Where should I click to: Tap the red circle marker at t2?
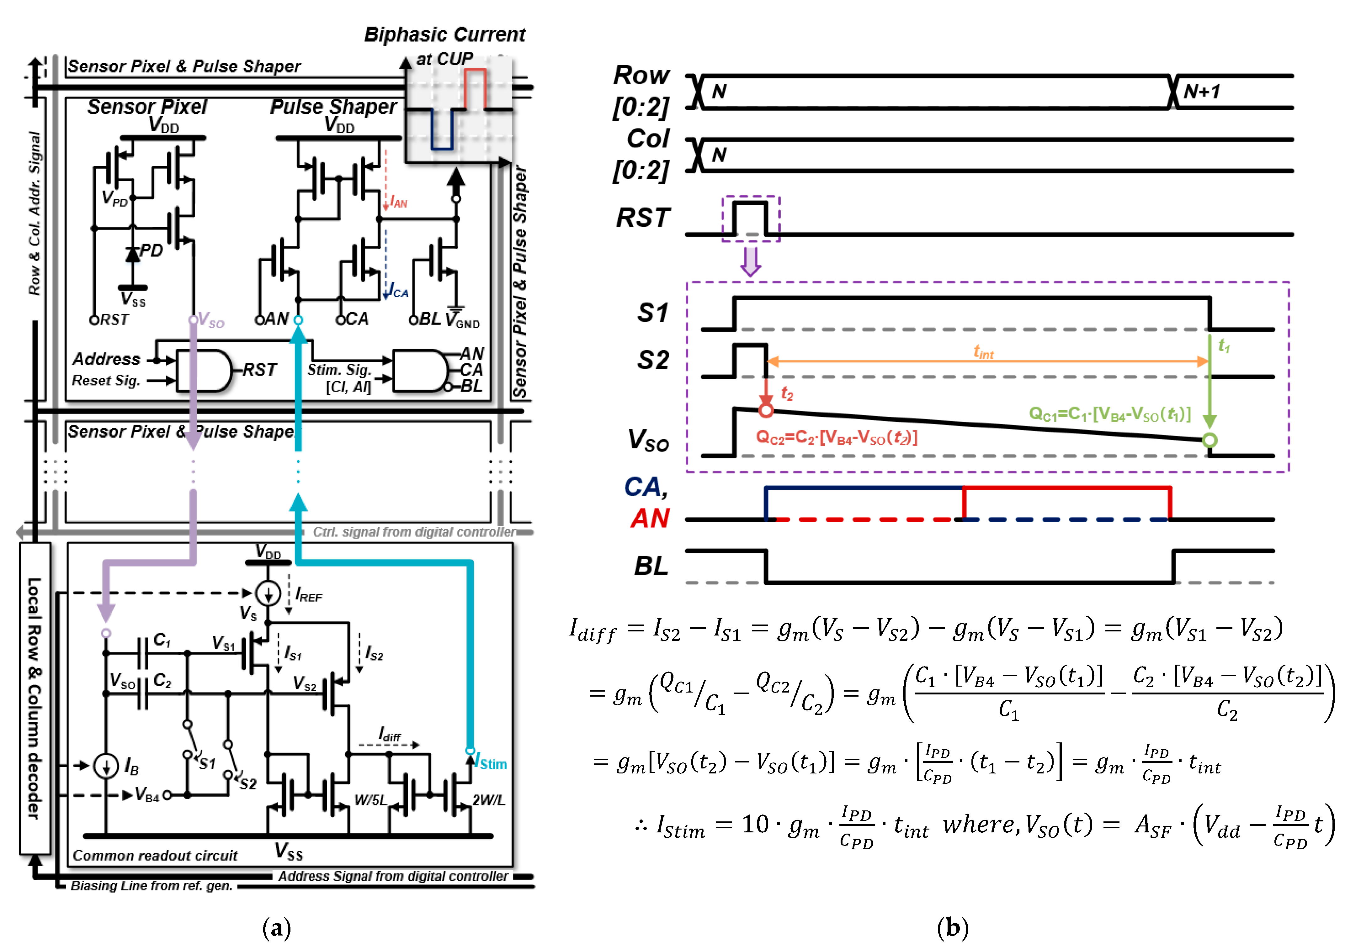[x=766, y=410]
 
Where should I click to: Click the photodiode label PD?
[x=151, y=250]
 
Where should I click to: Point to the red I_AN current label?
[x=398, y=203]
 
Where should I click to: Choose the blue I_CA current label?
[x=398, y=292]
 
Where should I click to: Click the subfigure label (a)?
[x=277, y=928]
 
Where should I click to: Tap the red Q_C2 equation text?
[x=837, y=437]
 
